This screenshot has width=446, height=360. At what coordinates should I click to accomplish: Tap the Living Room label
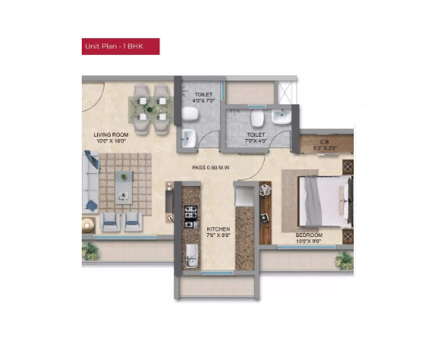[112, 138]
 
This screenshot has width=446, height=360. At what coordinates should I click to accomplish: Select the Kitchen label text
[219, 233]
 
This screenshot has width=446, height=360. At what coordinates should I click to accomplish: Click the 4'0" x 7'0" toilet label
[203, 99]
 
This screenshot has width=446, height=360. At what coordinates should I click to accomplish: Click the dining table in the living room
[151, 106]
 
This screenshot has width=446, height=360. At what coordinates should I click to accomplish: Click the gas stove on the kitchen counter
[192, 216]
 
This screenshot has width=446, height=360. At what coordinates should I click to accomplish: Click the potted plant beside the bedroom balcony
[344, 260]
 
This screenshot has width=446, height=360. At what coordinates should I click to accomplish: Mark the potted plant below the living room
[92, 252]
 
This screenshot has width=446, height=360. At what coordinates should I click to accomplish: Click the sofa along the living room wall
[91, 183]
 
